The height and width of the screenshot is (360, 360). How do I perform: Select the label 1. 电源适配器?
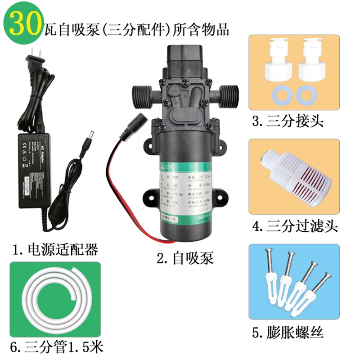56,249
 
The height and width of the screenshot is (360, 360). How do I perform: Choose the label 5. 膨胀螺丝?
288,333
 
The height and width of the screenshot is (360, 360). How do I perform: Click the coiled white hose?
56,300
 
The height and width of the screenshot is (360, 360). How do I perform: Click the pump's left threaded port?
142,96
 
